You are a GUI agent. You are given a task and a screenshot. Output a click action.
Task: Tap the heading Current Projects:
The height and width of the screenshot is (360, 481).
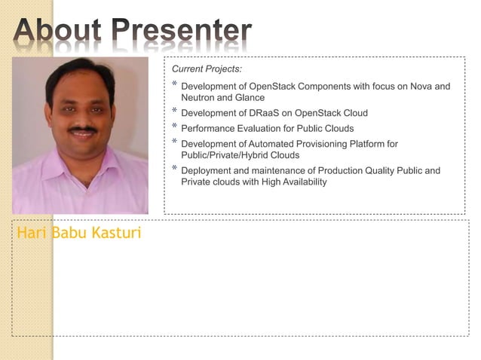coord(207,69)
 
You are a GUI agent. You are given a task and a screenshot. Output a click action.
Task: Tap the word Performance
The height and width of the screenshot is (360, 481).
coord(207,129)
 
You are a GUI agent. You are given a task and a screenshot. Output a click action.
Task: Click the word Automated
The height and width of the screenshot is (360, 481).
coord(283,144)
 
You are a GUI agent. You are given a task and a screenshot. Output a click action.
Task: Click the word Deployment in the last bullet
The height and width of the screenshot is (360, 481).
coord(207,171)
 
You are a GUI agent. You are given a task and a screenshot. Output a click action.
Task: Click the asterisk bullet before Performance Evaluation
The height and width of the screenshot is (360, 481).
coord(175,127)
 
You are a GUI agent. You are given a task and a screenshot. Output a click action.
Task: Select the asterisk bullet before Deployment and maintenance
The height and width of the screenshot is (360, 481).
coord(175,169)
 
